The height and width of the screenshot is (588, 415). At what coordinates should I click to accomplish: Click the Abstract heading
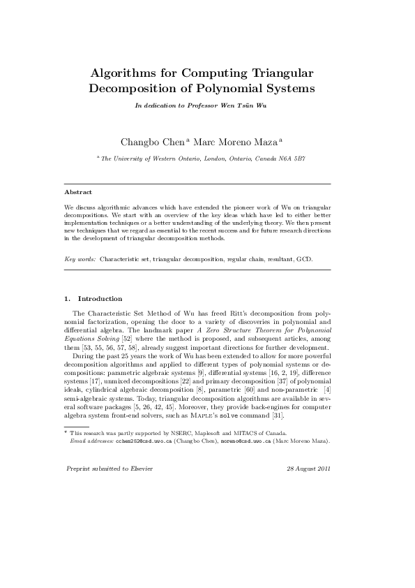[x=78, y=191]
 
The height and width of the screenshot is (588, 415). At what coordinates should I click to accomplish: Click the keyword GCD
[x=304, y=259]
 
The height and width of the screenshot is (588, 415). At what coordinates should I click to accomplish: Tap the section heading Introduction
[x=100, y=299]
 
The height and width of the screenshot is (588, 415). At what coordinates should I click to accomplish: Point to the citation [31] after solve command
[x=277, y=415]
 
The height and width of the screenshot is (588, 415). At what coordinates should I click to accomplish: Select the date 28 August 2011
[x=308, y=468]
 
